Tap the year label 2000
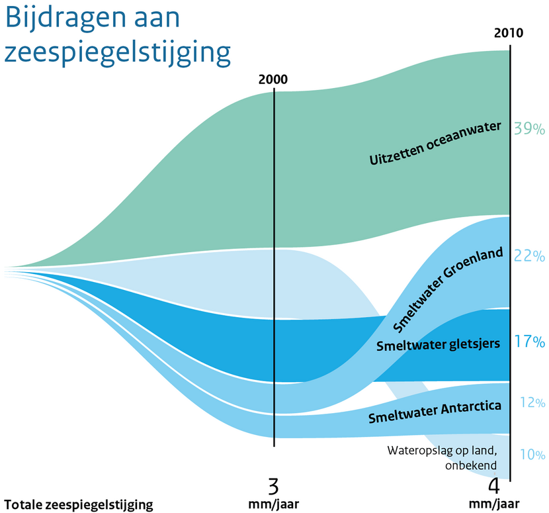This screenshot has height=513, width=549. point(273,80)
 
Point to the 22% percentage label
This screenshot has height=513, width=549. point(529,256)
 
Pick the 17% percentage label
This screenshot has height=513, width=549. point(529,342)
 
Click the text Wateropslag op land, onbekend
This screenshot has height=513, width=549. point(441,457)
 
